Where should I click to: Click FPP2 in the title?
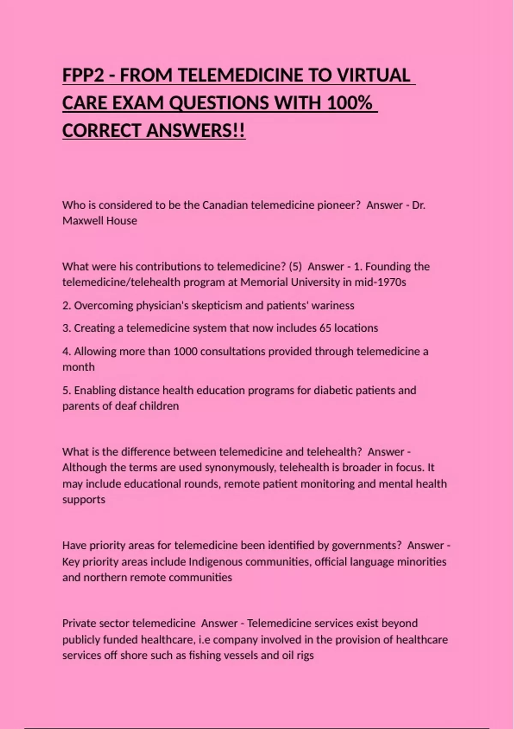(83, 75)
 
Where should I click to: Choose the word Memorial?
(264, 282)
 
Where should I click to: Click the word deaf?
(126, 406)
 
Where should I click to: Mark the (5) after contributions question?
(295, 267)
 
